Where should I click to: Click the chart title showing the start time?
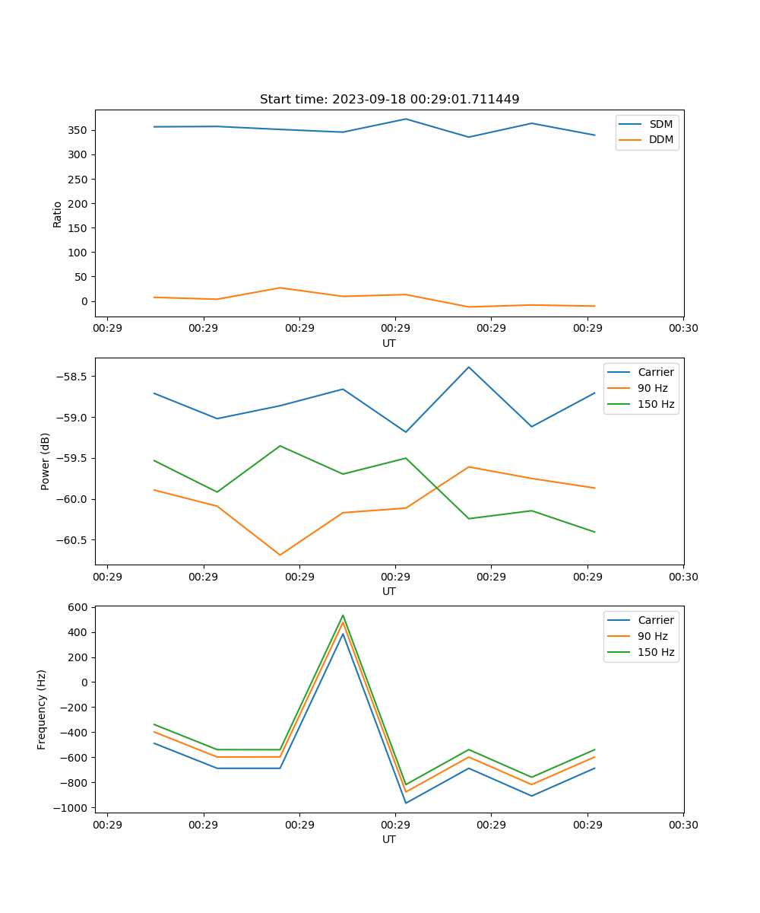389,100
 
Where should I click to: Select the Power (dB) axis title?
46,461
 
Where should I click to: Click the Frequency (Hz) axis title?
42,709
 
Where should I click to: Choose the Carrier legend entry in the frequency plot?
655,620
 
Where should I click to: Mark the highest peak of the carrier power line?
469,367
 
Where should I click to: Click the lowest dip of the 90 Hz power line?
280,555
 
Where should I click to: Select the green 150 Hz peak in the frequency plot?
343,615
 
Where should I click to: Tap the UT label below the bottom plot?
389,839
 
